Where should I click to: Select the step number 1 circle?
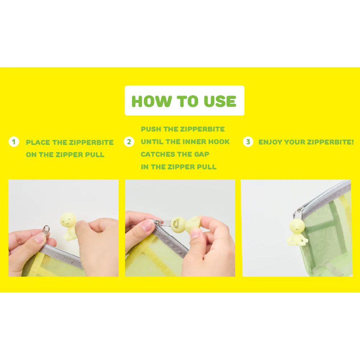pos(14,142)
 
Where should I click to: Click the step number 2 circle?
pos(129,142)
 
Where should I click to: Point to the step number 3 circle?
pos(248,142)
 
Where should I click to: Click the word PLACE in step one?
pos(38,142)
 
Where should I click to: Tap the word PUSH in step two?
pos(151,129)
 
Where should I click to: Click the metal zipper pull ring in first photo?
pos(46,229)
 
